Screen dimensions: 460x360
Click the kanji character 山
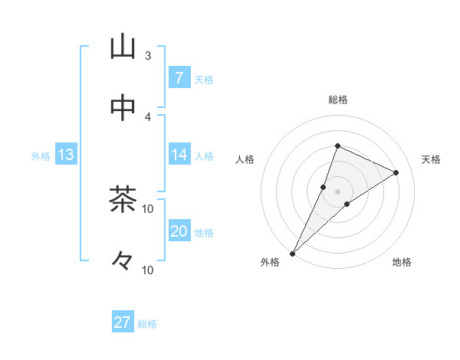(x=123, y=47)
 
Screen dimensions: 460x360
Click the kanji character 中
(x=123, y=108)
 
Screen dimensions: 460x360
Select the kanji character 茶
(x=123, y=201)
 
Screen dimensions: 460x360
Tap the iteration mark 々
(x=123, y=261)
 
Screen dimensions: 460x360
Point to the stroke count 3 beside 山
(x=148, y=55)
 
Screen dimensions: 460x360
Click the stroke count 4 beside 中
(x=148, y=116)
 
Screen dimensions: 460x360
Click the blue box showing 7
(x=179, y=78)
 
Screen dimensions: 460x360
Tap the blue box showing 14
(x=179, y=155)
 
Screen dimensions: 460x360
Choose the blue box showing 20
(x=179, y=231)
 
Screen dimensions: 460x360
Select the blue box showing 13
(x=65, y=155)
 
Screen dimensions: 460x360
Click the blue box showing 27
(x=123, y=322)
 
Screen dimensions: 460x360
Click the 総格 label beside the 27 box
(x=147, y=324)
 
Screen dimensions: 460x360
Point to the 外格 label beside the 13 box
(x=41, y=156)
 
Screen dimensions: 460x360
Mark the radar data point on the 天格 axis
(x=396, y=173)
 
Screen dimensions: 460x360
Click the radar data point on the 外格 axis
(x=293, y=253)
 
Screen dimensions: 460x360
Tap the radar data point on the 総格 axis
(x=337, y=146)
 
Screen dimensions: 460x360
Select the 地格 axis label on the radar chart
(x=402, y=263)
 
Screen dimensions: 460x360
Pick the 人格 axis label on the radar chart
(x=245, y=159)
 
